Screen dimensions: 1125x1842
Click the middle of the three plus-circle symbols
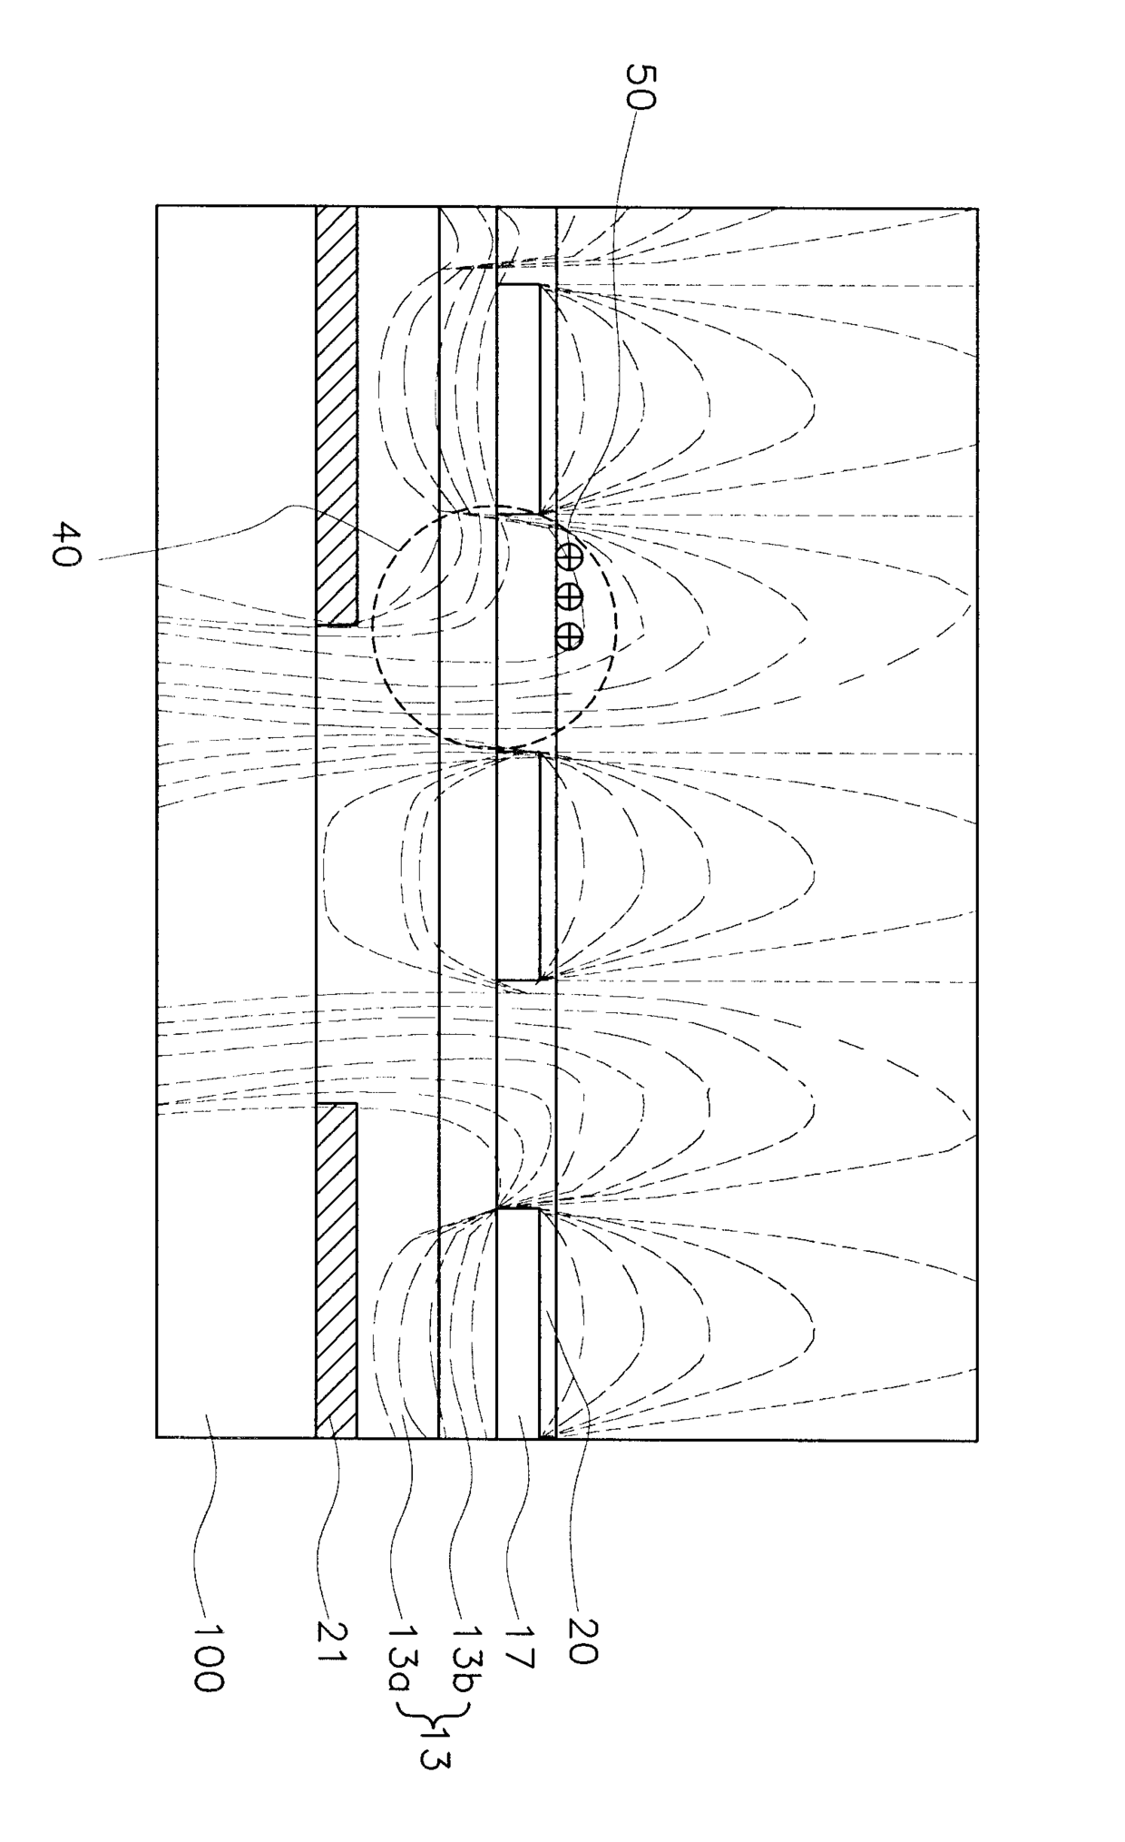point(569,596)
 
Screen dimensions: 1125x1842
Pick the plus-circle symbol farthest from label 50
point(569,636)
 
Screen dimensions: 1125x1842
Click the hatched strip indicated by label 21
point(336,1271)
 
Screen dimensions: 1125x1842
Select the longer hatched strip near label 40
point(336,416)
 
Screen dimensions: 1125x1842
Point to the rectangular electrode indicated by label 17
point(518,1323)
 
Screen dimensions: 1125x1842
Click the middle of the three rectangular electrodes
point(518,866)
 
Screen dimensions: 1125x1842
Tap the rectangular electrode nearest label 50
point(518,399)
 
